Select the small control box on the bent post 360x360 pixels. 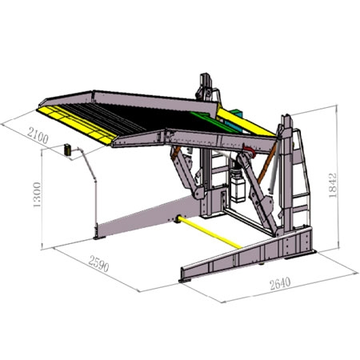point(70,149)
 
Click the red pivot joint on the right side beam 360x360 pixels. point(250,150)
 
